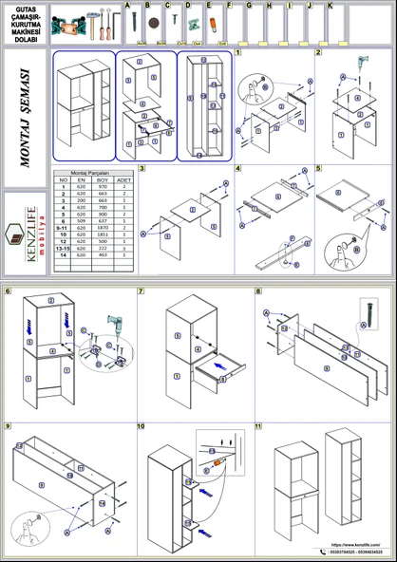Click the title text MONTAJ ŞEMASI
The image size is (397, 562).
(25, 118)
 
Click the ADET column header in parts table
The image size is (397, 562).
(124, 178)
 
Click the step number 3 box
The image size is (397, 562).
(142, 169)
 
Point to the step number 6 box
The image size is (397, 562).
(8, 290)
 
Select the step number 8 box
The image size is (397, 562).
(258, 290)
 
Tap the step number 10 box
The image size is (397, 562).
(141, 426)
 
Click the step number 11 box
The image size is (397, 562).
(258, 426)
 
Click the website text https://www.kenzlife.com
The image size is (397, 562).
(352, 545)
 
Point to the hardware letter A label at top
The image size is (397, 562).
(128, 5)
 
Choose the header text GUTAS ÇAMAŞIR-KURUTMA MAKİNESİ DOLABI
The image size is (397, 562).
(26, 21)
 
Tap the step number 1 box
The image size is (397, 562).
(238, 53)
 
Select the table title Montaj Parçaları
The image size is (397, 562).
(92, 172)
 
